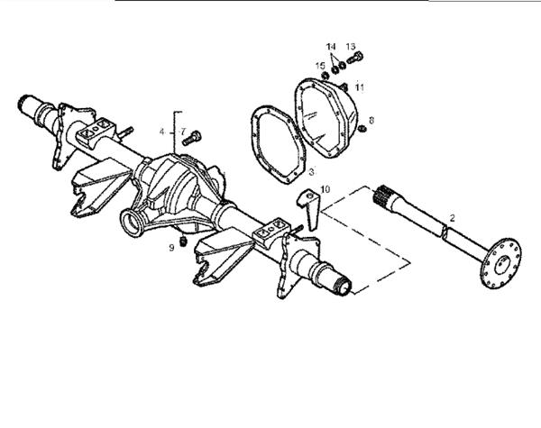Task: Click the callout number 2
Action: [453, 217]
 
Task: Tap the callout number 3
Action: [310, 170]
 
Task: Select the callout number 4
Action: [162, 132]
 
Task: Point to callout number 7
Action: [181, 132]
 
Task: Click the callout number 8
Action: [371, 119]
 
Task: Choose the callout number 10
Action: [326, 189]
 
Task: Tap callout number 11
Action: [359, 87]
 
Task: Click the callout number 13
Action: [351, 46]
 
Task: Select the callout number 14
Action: [331, 46]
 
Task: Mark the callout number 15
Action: [320, 65]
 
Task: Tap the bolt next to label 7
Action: [190, 139]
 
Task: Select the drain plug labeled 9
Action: [183, 241]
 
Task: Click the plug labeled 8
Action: [362, 129]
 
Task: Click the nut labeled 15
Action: [326, 75]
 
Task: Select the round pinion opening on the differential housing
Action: [133, 220]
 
